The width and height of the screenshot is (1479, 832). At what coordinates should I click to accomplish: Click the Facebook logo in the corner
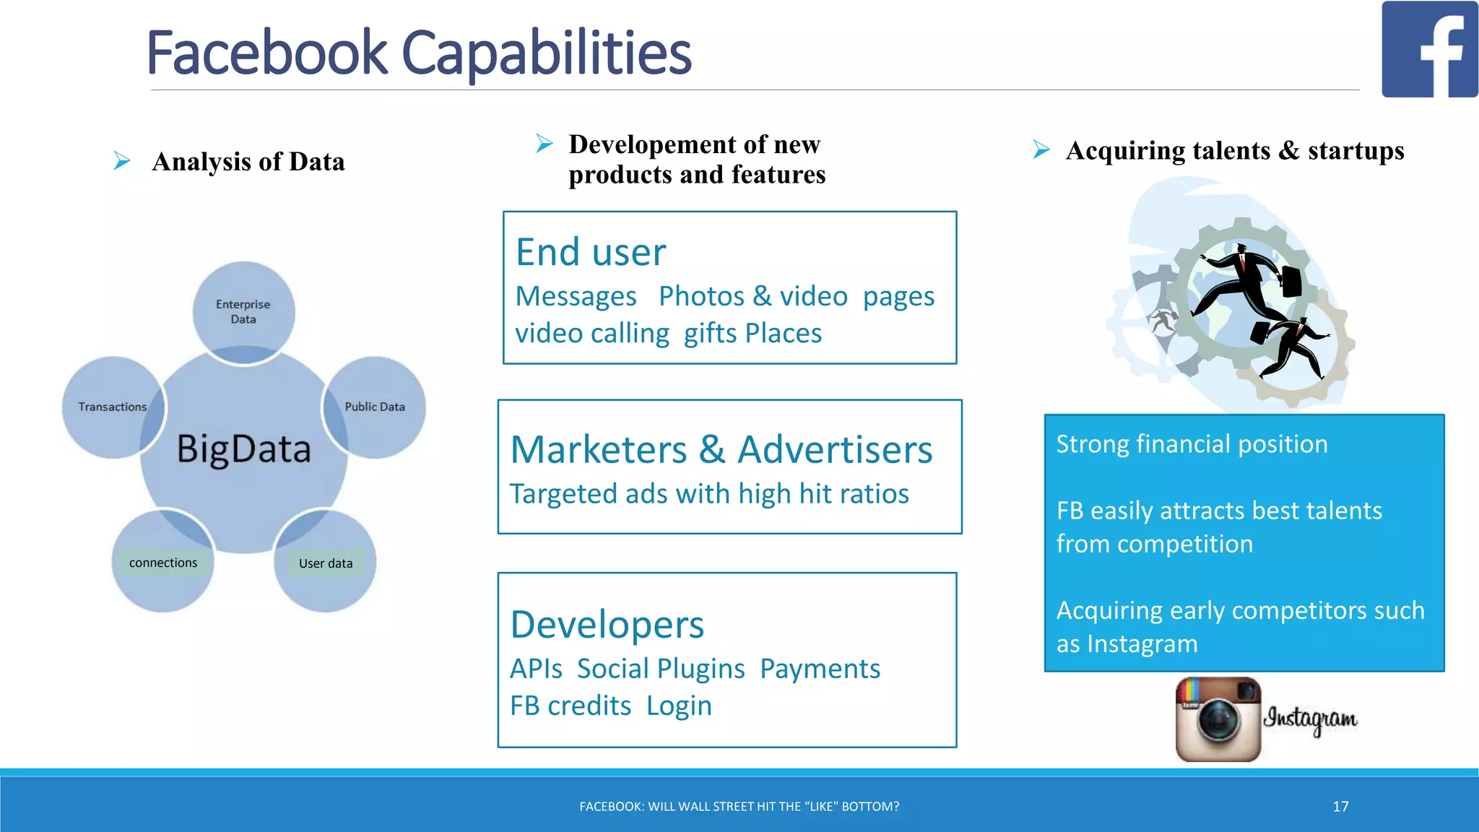[x=1429, y=49]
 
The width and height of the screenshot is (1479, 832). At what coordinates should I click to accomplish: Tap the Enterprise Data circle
[x=243, y=311]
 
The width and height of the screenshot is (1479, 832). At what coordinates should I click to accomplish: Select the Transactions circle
[x=112, y=407]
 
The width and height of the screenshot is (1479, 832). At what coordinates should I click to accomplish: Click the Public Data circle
[x=375, y=407]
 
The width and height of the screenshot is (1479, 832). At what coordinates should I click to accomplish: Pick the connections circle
[x=162, y=563]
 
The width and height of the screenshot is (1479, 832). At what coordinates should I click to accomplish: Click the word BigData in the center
[x=244, y=448]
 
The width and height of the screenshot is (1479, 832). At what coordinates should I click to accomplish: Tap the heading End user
[x=591, y=252]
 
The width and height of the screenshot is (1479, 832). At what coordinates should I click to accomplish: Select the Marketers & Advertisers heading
[x=721, y=449]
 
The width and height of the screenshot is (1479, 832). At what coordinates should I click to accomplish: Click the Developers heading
[x=607, y=625]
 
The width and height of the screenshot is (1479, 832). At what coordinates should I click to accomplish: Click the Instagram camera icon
[x=1218, y=719]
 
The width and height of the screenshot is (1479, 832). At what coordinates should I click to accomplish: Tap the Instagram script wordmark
[x=1310, y=719]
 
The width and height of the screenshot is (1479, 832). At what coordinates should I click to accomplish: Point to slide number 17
[x=1340, y=806]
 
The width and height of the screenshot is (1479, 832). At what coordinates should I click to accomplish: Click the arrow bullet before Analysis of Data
[x=122, y=160]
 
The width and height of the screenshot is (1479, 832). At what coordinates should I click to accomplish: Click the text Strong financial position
[x=1192, y=443]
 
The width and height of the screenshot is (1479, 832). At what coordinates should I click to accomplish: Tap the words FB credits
[x=571, y=706]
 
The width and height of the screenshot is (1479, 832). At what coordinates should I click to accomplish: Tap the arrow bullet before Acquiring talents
[x=1041, y=149]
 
